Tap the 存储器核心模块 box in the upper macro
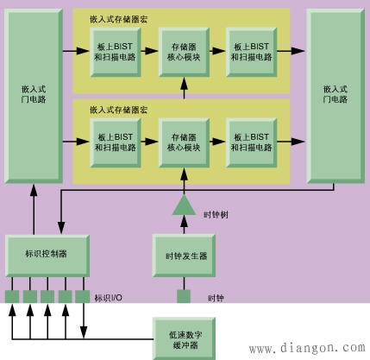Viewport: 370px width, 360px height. (x=183, y=52)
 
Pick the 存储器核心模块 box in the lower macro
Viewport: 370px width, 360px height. (x=183, y=142)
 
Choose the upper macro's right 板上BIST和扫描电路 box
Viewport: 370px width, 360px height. (x=251, y=52)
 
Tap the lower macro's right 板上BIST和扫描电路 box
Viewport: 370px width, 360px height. (x=251, y=142)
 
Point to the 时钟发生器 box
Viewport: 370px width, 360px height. (x=185, y=256)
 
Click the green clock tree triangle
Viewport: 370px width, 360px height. (x=184, y=205)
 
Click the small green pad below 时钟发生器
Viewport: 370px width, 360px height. (x=184, y=297)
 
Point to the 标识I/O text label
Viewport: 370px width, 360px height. (x=108, y=298)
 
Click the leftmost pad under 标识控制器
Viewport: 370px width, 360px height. (x=12, y=297)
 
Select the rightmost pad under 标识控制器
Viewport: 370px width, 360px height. (x=83, y=297)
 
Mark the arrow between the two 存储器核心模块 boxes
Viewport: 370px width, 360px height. (x=183, y=86)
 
